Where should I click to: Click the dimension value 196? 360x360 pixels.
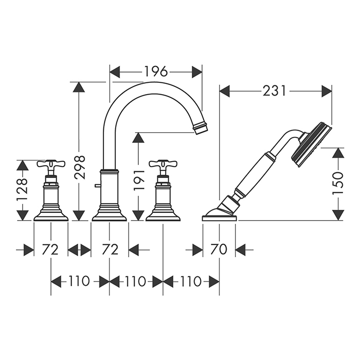pos(156,71)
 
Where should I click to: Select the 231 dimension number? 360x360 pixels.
pos(274,91)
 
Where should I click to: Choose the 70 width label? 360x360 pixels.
pos(219,250)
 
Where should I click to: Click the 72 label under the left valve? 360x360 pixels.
pos(50,250)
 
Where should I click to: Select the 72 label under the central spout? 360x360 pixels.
pos(110,250)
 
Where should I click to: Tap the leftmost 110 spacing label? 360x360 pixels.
pos(79,281)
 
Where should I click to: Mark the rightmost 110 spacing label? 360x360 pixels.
pos(191,281)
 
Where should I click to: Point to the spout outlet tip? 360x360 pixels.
pos(201,128)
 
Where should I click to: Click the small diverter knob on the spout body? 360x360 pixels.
pos(97,186)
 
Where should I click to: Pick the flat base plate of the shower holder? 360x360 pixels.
pos(219,218)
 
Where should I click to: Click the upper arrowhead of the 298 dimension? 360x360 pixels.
pos(79,87)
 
